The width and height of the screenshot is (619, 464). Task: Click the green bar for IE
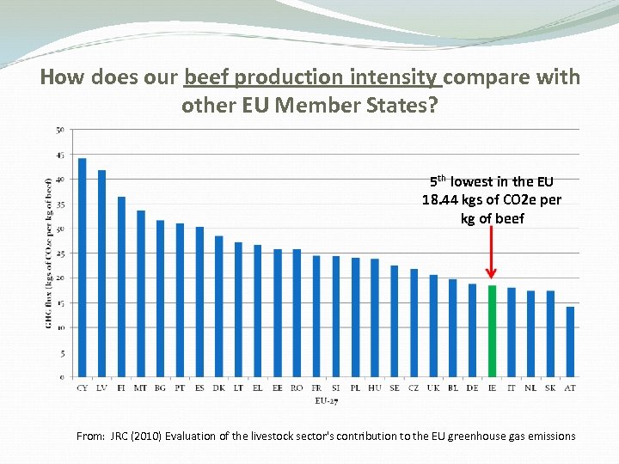coord(492,331)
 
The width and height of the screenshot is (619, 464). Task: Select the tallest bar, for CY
coord(83,267)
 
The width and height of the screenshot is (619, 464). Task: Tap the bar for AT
coord(570,341)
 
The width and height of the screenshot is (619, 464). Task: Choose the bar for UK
coord(433,326)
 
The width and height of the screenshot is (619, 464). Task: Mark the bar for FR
coord(316,316)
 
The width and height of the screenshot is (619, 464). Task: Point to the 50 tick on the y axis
coord(59,130)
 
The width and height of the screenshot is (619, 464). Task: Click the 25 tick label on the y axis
coord(59,253)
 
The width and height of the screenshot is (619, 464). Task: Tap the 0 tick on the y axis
coord(61,377)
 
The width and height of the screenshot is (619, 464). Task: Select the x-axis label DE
coord(472,388)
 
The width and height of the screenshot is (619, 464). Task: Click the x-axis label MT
coord(140,388)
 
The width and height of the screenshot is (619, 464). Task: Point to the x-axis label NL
coord(530,388)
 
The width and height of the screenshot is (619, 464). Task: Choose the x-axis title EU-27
coord(327,400)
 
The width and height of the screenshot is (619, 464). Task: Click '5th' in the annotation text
coord(438,181)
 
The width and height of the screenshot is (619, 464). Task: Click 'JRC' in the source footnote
coord(120,436)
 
